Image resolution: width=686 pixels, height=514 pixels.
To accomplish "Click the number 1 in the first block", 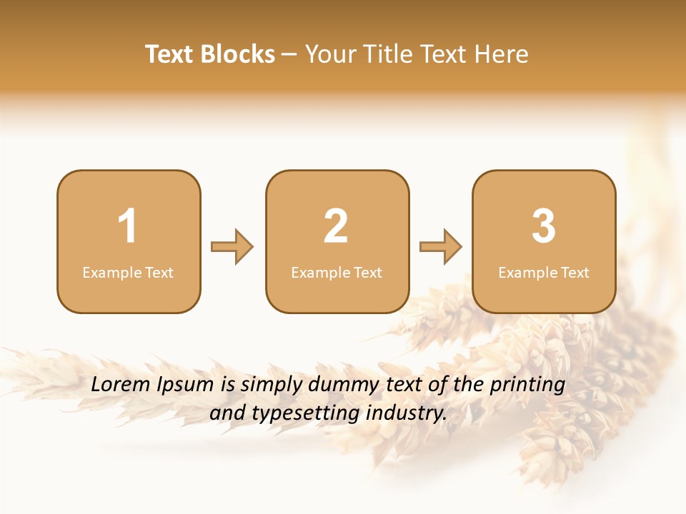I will click(x=127, y=226).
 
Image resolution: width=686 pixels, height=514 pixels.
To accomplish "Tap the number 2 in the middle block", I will click(x=336, y=226).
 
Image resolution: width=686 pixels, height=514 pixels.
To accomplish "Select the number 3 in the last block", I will click(x=544, y=226).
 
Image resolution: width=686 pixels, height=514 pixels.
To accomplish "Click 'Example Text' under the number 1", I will click(x=128, y=273).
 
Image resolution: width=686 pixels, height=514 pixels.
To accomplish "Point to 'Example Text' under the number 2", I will click(x=337, y=273).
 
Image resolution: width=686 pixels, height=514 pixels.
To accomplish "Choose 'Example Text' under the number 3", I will click(x=544, y=273).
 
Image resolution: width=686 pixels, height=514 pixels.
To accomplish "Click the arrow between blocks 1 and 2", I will click(x=232, y=247).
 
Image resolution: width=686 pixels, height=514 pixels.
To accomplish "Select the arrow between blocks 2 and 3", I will click(x=441, y=247).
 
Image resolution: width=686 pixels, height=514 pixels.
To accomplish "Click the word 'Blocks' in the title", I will click(x=237, y=54).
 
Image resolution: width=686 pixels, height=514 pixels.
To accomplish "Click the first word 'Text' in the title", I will click(x=169, y=54).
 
